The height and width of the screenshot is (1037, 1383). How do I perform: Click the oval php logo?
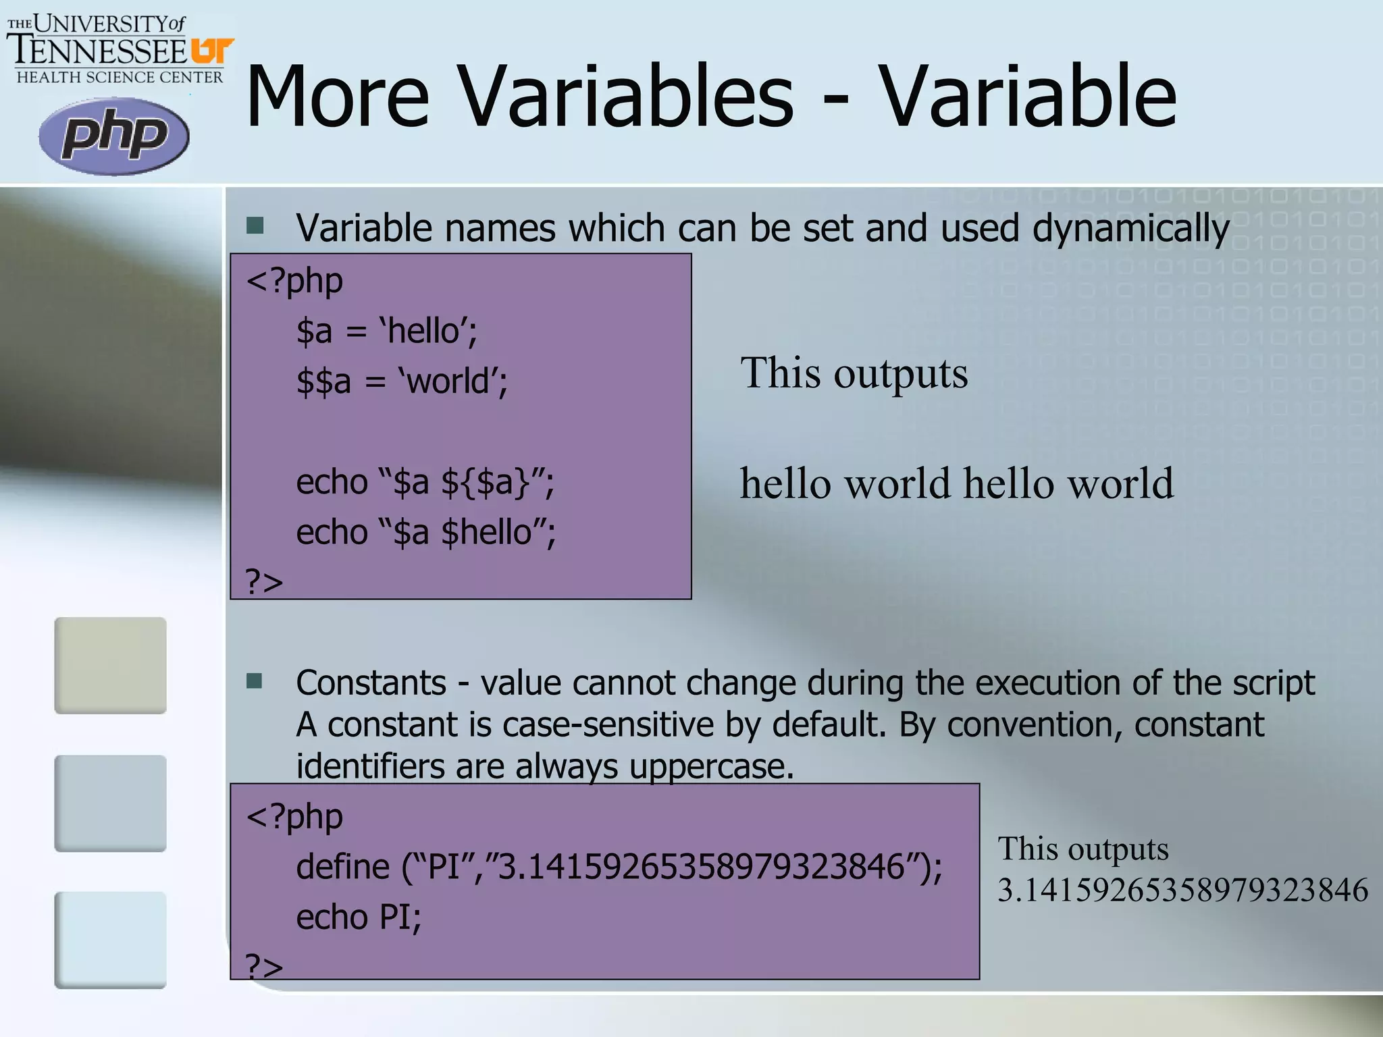pos(114,136)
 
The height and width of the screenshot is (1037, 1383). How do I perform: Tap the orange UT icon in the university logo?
pos(211,51)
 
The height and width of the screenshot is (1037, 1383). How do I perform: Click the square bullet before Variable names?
pos(255,225)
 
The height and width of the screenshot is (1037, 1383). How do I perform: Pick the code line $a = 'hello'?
pos(387,331)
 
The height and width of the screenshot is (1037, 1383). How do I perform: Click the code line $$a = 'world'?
pos(402,381)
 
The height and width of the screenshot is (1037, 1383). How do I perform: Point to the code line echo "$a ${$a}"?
pos(425,483)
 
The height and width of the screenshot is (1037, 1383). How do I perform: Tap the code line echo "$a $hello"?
pos(425,533)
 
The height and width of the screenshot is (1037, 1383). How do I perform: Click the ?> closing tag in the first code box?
pos(264,581)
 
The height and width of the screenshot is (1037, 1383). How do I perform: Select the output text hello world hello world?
pos(956,483)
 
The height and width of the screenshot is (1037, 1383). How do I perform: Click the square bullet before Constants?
pos(255,681)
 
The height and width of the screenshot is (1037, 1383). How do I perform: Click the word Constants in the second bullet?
pos(371,683)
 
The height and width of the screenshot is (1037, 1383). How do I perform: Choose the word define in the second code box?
pos(343,867)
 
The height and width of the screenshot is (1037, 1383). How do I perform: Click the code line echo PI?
pos(359,918)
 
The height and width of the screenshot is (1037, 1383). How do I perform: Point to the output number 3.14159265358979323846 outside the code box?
pos(1182,890)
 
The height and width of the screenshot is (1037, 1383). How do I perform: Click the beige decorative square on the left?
pos(110,665)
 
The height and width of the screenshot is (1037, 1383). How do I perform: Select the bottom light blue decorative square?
pos(110,940)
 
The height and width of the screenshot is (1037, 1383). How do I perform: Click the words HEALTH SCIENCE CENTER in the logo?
pos(120,78)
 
